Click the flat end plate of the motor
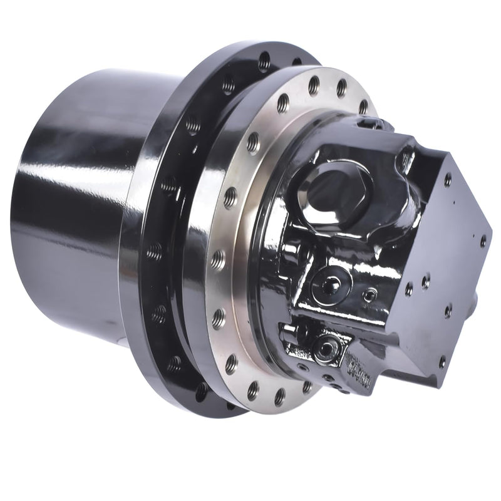(438, 263)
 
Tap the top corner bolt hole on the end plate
(447, 180)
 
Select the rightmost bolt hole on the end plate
(483, 239)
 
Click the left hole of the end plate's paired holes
(408, 289)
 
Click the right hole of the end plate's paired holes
(426, 282)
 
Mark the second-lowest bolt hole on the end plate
(447, 310)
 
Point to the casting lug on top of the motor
(376, 128)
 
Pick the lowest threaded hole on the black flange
(202, 392)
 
